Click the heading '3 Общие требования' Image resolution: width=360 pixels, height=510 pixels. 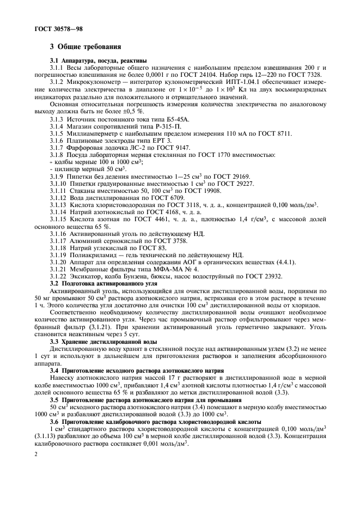pos(82,47)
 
